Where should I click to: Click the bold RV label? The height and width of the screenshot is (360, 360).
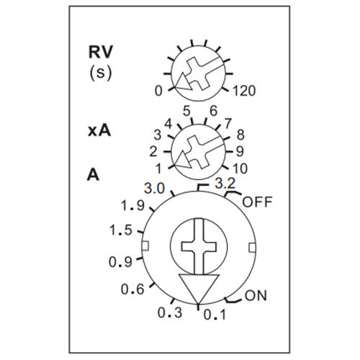coord(101,52)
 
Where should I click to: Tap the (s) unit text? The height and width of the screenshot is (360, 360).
coord(101,73)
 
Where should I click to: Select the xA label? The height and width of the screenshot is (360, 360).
coord(99,131)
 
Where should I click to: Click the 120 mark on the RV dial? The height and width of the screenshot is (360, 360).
coord(244,91)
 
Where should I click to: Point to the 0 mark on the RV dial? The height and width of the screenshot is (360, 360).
coord(158,91)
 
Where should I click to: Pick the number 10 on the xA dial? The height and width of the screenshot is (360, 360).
coord(240,168)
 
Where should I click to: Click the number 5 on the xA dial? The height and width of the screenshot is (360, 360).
coord(186,111)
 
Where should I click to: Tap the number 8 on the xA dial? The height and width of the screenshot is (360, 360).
coord(240,135)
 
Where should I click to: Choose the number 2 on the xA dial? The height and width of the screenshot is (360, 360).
coord(153,152)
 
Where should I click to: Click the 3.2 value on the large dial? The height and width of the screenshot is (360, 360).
coord(225,184)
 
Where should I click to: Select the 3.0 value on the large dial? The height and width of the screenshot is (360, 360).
coord(154,189)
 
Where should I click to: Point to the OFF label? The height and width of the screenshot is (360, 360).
coord(257,202)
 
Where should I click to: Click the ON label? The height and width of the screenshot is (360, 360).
coord(256,296)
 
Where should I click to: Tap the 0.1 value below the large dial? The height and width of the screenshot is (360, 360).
coord(215,315)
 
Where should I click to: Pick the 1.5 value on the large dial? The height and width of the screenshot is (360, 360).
coord(121,230)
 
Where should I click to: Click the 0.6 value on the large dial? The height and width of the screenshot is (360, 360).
coord(132,289)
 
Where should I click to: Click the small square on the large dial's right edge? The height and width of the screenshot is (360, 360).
coord(252,248)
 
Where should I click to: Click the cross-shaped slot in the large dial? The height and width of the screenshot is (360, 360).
coord(199,246)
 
